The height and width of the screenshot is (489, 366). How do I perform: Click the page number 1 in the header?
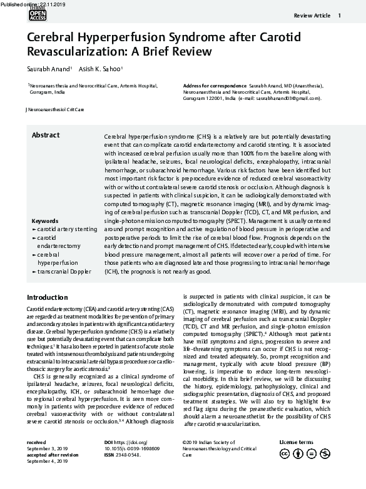click(x=339, y=16)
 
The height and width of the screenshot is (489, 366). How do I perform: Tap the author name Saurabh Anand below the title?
click(x=48, y=69)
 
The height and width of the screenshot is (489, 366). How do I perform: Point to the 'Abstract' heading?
click(x=46, y=136)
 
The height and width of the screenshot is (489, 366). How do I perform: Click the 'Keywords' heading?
click(x=44, y=221)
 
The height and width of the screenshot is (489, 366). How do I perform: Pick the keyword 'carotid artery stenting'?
click(x=66, y=230)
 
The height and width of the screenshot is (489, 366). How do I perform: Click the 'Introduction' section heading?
click(x=48, y=297)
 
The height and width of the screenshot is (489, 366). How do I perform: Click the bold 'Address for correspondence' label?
click(x=215, y=84)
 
